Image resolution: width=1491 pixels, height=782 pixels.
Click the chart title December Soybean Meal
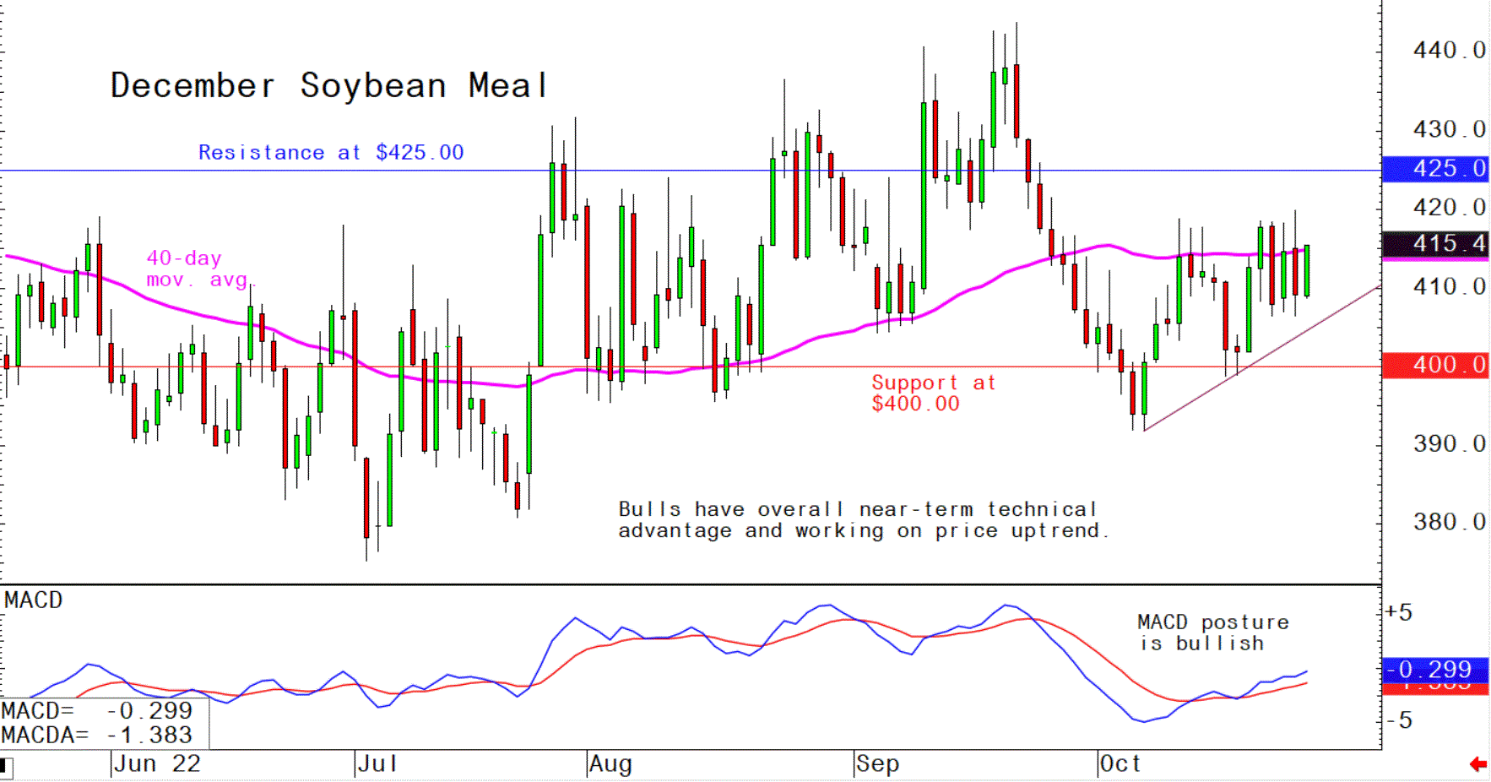coord(329,86)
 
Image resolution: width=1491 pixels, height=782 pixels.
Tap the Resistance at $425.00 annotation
coord(330,153)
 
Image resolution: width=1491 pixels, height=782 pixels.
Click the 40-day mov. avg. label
coord(198,269)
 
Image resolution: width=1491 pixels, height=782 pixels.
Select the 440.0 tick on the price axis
coord(1449,51)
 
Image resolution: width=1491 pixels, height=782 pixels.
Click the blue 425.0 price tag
coord(1435,169)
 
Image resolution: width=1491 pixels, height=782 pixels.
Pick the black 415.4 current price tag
coord(1435,244)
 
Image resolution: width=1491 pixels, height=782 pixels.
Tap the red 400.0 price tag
coord(1435,365)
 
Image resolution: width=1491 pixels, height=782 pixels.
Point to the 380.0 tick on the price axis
coord(1449,522)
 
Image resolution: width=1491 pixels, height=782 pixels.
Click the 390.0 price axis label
coord(1449,443)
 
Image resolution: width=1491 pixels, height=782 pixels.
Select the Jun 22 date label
coord(157,764)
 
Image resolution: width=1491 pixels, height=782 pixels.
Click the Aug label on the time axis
coord(610,764)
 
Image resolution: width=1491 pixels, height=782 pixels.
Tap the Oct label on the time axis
coord(1120,764)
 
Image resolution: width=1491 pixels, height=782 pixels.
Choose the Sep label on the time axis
coord(877,764)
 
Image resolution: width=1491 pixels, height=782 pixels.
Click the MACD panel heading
coord(34,600)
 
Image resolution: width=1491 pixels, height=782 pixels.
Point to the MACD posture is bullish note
coord(1212,633)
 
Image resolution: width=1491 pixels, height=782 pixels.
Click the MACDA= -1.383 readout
coord(97,736)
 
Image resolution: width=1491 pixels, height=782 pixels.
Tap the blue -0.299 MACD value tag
coord(1435,670)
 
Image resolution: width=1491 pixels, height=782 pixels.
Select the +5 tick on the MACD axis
coord(1399,613)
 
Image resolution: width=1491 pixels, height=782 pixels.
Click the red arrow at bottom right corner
coord(1477,764)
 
